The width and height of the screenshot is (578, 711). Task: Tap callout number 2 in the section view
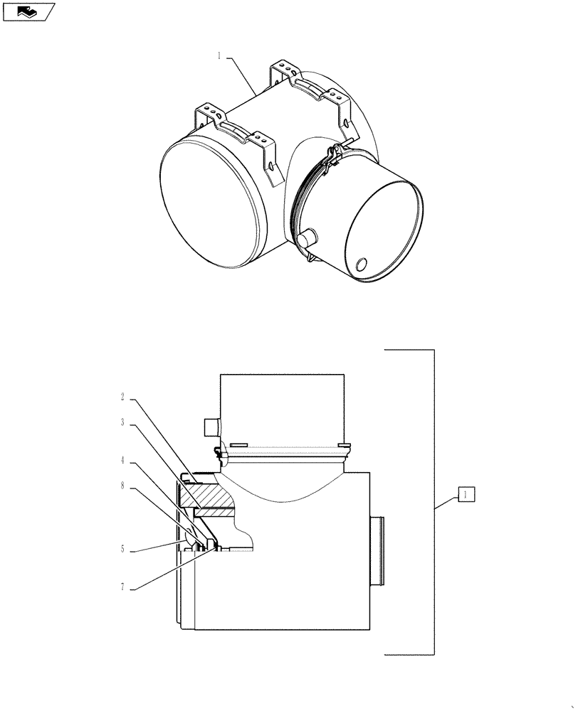[x=123, y=398]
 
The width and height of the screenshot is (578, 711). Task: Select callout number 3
[x=123, y=422]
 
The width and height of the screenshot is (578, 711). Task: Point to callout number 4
[x=123, y=460]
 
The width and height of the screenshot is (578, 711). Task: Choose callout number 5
[x=123, y=548]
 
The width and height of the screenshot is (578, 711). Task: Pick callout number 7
[x=123, y=587]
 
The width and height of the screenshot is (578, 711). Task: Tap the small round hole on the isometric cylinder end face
[x=361, y=264]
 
